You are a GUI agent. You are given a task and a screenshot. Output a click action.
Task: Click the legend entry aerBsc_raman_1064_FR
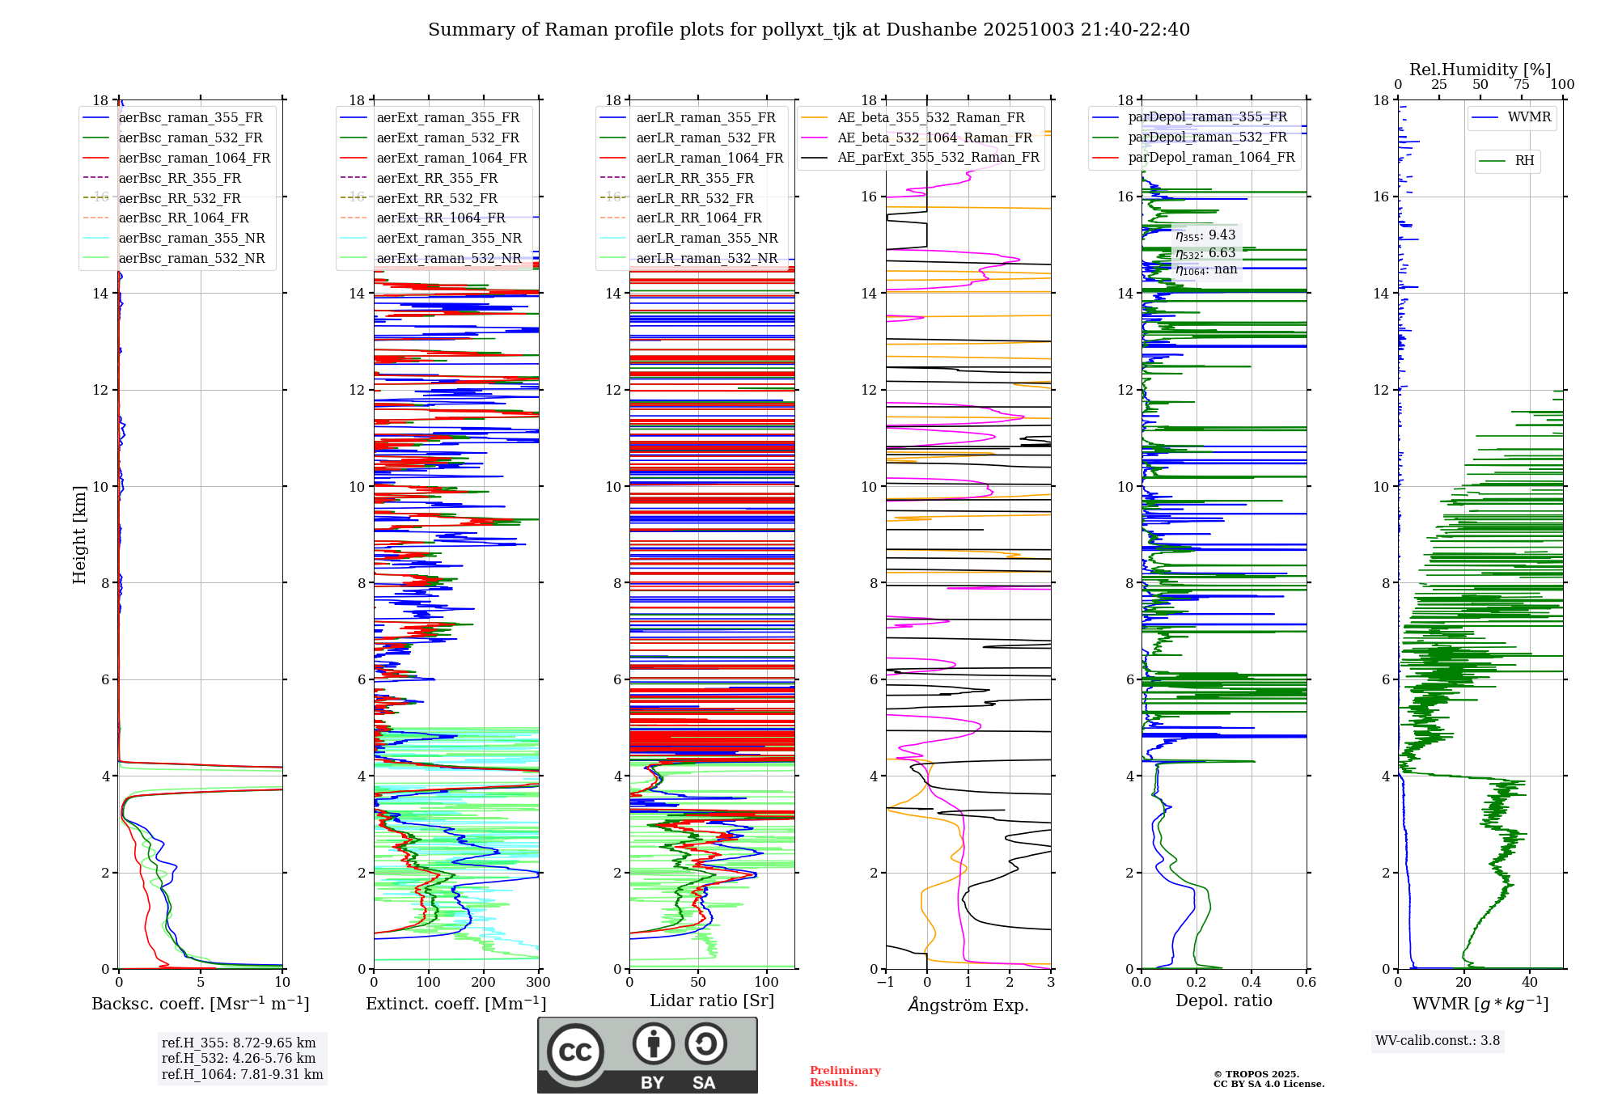pyautogui.click(x=194, y=159)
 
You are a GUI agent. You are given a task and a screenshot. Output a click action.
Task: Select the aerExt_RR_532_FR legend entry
pyautogui.click(x=437, y=198)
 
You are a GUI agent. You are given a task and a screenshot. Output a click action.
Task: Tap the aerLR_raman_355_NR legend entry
pyautogui.click(x=706, y=239)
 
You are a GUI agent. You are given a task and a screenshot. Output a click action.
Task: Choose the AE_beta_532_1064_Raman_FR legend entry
pyautogui.click(x=934, y=138)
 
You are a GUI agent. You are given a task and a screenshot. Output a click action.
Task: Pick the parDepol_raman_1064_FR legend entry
pyautogui.click(x=1211, y=158)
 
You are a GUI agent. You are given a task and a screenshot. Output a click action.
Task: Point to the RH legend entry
pyautogui.click(x=1524, y=161)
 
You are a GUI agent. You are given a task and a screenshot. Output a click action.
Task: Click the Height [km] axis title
pyautogui.click(x=79, y=534)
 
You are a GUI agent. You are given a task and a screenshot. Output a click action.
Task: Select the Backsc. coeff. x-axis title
pyautogui.click(x=200, y=1004)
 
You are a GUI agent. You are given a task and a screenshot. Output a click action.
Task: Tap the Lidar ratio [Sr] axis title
pyautogui.click(x=711, y=1001)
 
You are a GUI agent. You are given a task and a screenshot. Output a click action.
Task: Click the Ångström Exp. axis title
pyautogui.click(x=968, y=1005)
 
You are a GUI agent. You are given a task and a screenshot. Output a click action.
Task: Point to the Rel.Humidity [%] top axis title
pyautogui.click(x=1480, y=70)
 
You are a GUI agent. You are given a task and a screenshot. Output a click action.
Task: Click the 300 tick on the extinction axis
pyautogui.click(x=538, y=983)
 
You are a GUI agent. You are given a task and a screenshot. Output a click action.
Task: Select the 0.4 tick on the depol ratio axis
pyautogui.click(x=1252, y=983)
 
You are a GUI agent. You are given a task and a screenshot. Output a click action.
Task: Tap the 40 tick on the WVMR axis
pyautogui.click(x=1529, y=983)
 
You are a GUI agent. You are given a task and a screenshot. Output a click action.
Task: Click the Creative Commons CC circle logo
pyautogui.click(x=575, y=1052)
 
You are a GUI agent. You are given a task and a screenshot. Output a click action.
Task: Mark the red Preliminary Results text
pyautogui.click(x=845, y=1077)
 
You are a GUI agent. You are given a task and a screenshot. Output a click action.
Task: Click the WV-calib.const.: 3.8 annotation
pyautogui.click(x=1438, y=1041)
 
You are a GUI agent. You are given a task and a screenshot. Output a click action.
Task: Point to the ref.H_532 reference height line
pyautogui.click(x=239, y=1059)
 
